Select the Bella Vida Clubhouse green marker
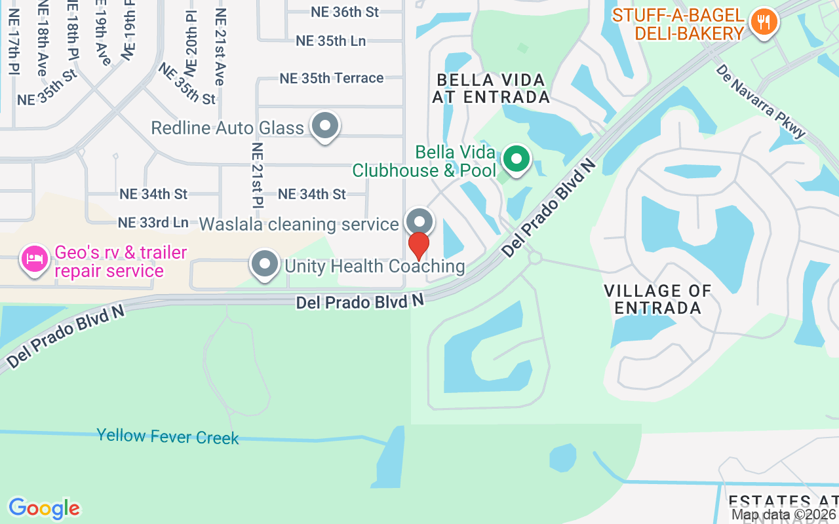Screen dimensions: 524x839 [x=517, y=159]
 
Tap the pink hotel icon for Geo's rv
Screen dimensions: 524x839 [x=34, y=259]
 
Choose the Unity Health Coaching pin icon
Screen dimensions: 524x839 [x=265, y=264]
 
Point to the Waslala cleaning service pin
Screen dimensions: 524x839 [x=419, y=221]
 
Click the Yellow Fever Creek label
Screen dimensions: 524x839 [x=168, y=436]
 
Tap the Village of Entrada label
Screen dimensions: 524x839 [x=657, y=299]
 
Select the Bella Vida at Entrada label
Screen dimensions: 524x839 [x=491, y=88]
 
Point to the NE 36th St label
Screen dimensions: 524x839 [x=345, y=12]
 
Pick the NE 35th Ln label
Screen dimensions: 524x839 [x=330, y=41]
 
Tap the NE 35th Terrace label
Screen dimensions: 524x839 [x=332, y=78]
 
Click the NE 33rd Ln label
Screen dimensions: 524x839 [x=153, y=223]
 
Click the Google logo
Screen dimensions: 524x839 [x=44, y=508]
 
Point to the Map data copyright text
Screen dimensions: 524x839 [x=784, y=515]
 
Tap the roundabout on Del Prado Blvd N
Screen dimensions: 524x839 [x=535, y=257]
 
